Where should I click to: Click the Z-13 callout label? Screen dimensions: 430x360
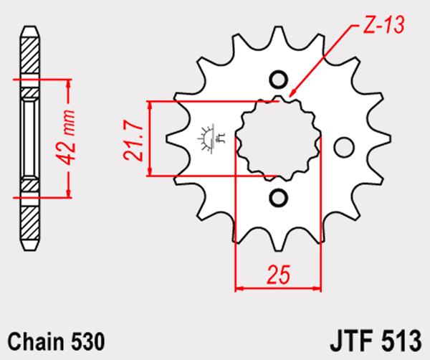point(383,25)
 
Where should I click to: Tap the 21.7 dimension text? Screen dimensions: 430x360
point(133,140)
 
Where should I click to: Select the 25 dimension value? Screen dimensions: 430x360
point(278,275)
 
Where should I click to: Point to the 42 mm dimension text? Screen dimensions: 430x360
point(65,138)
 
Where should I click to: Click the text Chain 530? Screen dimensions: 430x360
point(56,341)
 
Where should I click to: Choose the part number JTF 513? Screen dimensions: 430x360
point(376,341)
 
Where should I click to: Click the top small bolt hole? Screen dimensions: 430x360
point(279,80)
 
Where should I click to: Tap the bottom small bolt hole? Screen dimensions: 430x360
point(279,198)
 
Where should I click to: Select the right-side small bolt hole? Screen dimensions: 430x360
point(344,147)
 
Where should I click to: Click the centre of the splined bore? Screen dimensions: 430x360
point(279,138)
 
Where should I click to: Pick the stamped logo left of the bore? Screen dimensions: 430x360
point(211,138)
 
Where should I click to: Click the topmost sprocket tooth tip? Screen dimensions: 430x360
point(278,27)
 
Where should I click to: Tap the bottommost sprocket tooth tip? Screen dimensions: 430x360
point(278,250)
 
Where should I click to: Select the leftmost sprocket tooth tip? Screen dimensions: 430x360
point(167,138)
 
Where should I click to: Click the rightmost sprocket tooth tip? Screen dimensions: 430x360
point(391,138)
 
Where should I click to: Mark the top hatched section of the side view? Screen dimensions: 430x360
point(30,55)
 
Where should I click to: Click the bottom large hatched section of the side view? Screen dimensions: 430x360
point(30,222)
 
